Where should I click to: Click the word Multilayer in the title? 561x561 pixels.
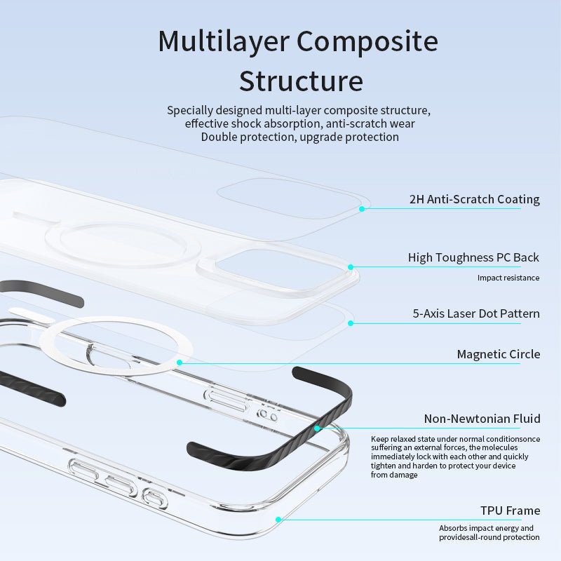click(223, 41)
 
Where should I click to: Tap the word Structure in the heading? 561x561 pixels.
click(301, 81)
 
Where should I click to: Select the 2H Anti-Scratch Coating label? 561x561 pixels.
click(474, 199)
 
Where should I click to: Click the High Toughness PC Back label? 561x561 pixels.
click(473, 257)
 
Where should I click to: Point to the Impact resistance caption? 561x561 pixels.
click(508, 278)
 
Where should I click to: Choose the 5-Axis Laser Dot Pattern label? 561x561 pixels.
click(476, 313)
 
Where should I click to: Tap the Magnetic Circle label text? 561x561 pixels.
click(498, 354)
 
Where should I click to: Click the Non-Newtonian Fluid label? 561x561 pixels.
click(482, 419)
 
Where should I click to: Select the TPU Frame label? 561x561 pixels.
click(510, 510)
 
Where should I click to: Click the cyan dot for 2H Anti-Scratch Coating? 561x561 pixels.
click(362, 208)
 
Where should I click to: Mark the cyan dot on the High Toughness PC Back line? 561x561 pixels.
click(351, 266)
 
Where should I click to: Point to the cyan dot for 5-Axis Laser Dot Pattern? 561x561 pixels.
click(351, 323)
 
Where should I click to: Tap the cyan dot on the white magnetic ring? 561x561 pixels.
click(180, 363)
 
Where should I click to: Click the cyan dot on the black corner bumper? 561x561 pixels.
click(317, 428)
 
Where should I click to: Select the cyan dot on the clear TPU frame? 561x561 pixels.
click(278, 520)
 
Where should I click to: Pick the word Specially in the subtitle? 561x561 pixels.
click(191, 111)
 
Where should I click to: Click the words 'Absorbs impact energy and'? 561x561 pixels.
click(486, 528)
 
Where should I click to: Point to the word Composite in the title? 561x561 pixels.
click(367, 41)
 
